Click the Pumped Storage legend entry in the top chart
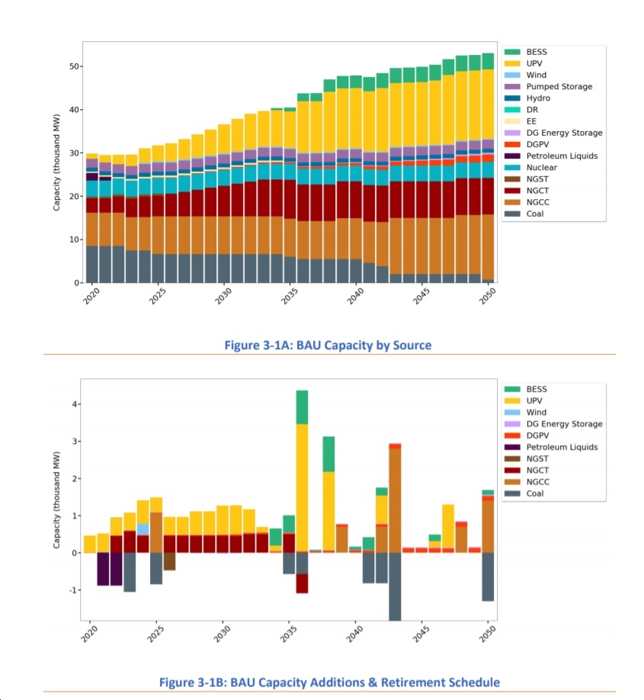(549, 87)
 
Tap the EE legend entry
(521, 121)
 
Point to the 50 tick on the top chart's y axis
(74, 66)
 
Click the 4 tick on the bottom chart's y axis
(74, 404)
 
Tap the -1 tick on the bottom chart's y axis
(72, 590)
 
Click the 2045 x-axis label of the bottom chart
(421, 634)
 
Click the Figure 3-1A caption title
(328, 345)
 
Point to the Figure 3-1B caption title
(329, 682)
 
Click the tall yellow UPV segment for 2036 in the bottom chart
(302, 488)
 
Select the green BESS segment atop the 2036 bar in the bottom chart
(302, 407)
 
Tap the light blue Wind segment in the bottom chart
(143, 529)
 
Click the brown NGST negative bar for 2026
(170, 562)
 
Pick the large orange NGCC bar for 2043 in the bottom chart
(395, 500)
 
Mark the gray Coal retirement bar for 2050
(488, 576)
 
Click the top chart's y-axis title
(56, 162)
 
